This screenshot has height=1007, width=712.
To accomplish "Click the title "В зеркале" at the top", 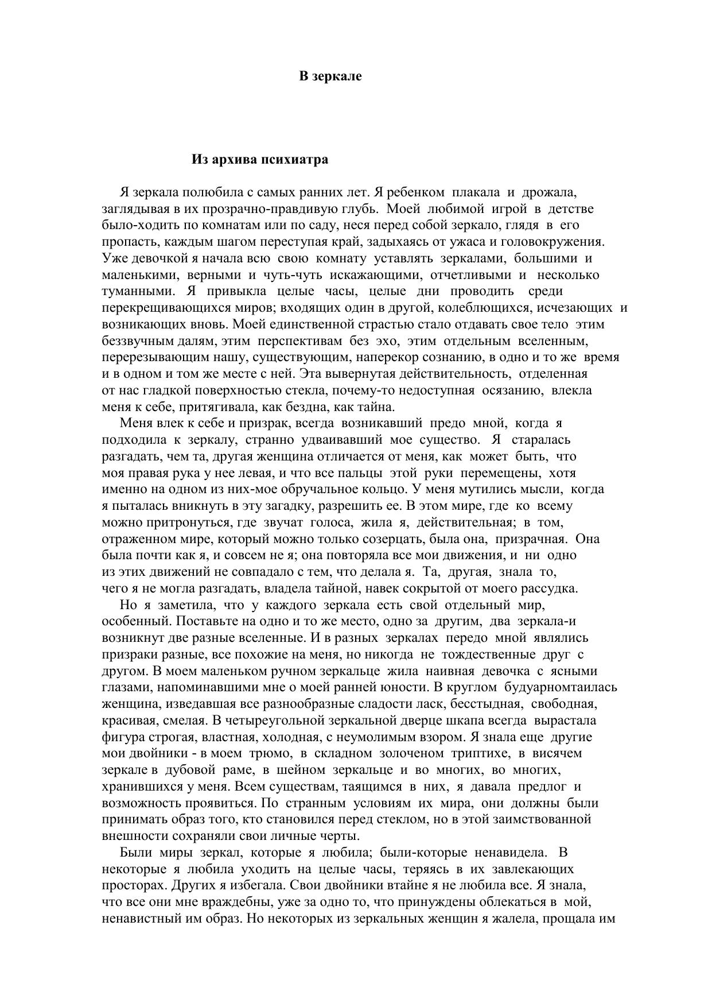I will [330, 76].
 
